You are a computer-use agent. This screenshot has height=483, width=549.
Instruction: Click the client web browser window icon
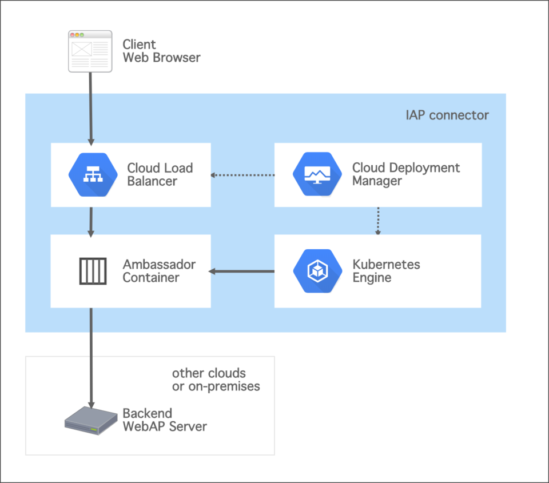coord(90,51)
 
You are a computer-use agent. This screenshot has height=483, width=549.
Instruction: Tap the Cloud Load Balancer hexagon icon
coord(92,175)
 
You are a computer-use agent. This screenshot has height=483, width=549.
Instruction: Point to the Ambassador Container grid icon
coord(93,271)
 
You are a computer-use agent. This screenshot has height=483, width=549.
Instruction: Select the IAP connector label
coord(447,115)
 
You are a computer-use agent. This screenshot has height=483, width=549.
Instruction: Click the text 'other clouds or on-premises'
coord(216,380)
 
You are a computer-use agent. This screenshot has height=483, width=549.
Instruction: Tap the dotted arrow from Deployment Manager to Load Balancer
coord(242,175)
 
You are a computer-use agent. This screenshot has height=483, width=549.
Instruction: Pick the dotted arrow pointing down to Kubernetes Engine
coord(377,221)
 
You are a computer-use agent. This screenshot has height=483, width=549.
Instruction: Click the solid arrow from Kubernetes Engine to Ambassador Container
coord(242,271)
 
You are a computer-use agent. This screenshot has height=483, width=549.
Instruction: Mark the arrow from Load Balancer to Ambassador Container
coord(90,221)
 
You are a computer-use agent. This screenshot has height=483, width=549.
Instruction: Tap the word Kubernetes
coord(386,265)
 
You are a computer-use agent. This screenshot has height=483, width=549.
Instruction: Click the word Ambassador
coord(159,265)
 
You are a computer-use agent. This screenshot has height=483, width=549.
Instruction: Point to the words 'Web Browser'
coord(161,58)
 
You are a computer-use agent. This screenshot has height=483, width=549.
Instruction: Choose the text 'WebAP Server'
coord(165,426)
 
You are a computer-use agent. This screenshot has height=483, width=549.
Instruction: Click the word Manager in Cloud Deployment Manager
coord(376,181)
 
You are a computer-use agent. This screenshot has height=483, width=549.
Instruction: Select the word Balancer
coord(152,181)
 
